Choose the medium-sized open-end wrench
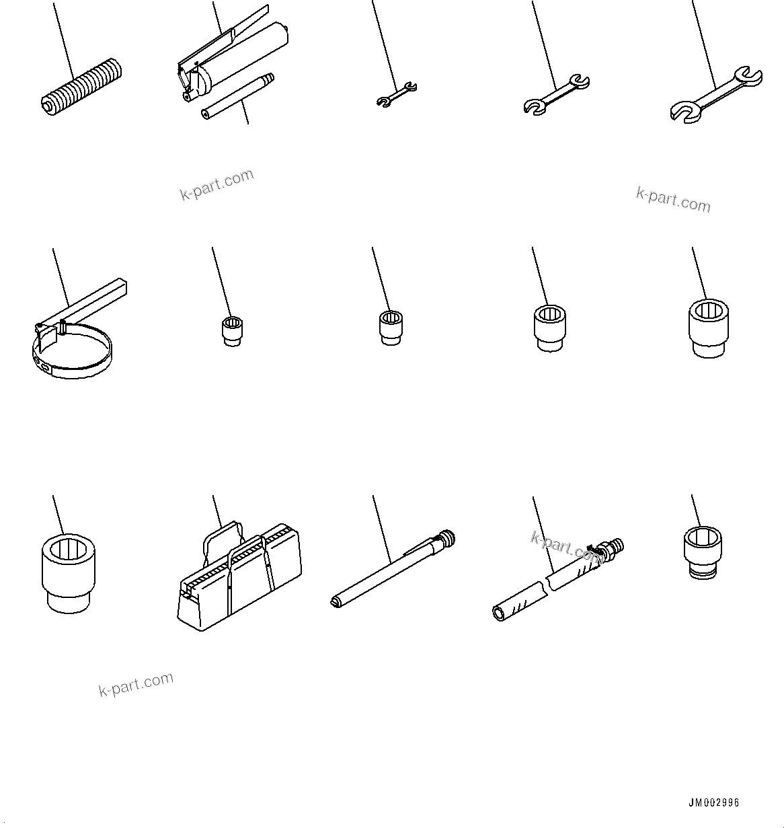point(556,93)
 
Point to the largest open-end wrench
point(716,93)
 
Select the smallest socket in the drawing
point(232,331)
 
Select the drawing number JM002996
point(713,803)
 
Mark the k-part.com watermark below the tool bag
point(136,684)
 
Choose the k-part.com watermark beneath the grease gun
point(217,185)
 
